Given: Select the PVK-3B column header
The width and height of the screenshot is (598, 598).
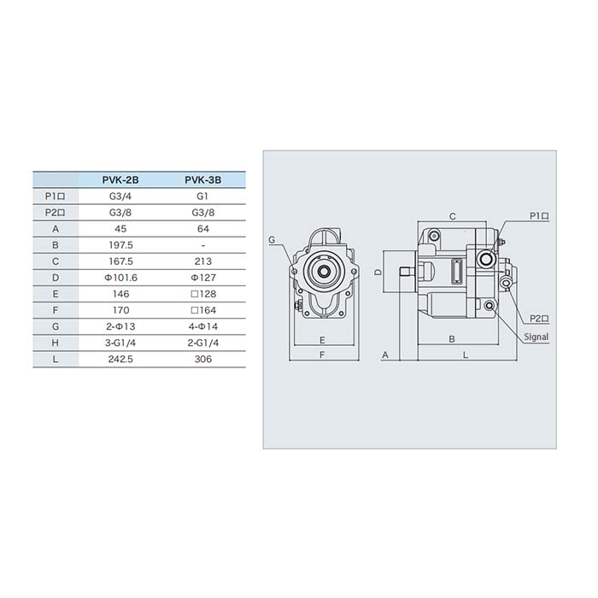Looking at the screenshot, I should (x=203, y=180).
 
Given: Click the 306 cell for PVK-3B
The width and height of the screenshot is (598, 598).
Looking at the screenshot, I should (x=203, y=359).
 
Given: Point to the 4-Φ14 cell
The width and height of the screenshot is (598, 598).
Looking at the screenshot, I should (x=203, y=326).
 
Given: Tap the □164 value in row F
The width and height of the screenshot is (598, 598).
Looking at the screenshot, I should (x=203, y=310).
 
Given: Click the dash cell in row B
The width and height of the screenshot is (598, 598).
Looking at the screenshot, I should (x=203, y=245).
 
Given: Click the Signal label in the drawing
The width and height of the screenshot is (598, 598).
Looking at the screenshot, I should (x=536, y=337).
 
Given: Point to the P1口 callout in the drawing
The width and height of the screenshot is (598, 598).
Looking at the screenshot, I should (x=538, y=216).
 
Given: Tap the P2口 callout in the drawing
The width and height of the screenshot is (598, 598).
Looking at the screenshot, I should (x=538, y=318).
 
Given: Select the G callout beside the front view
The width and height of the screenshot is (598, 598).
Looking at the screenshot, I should (x=272, y=240).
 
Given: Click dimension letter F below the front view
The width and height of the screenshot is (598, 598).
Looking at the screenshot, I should (x=321, y=354).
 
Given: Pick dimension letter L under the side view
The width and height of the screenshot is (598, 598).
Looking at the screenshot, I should (x=465, y=354).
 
